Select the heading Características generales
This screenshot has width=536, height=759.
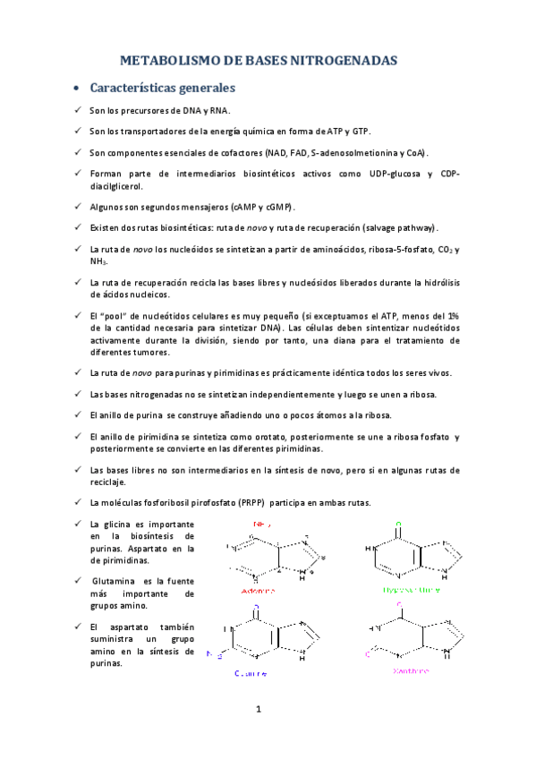[x=163, y=89]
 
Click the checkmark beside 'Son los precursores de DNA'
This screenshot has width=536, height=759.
[x=78, y=110]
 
